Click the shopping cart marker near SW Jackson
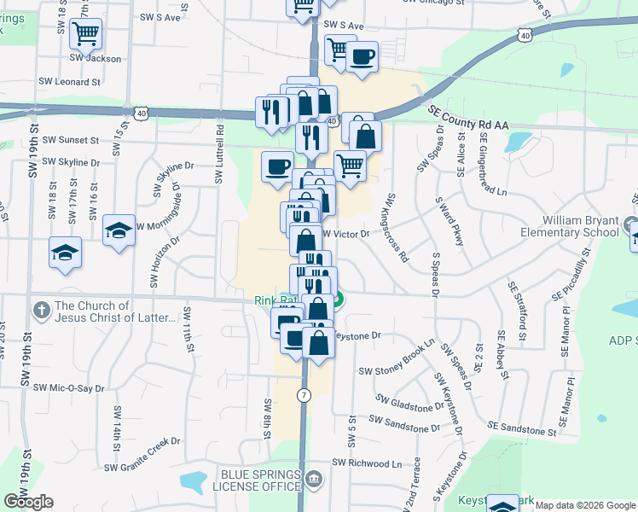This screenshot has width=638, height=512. (x=86, y=34)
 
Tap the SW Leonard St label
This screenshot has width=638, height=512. (x=70, y=83)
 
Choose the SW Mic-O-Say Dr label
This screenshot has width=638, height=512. (x=69, y=387)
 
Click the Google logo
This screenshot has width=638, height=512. (x=29, y=502)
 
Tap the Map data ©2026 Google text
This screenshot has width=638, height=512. (x=583, y=505)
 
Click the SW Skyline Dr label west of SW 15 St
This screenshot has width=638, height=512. (x=71, y=161)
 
